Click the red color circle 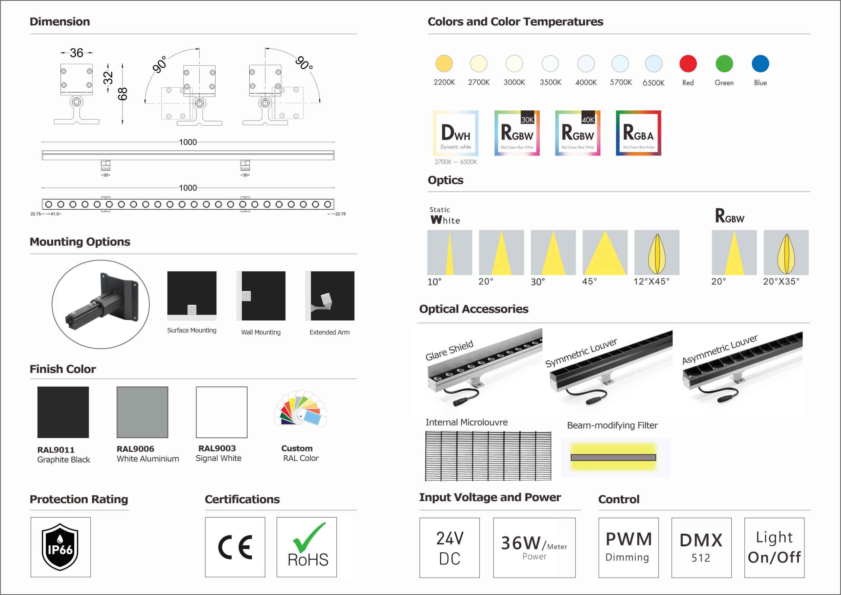coord(688,64)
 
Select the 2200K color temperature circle coord(444,64)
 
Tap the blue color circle coord(760,64)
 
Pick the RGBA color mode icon coord(638,133)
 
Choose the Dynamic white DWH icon coord(455,133)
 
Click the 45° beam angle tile coord(605,252)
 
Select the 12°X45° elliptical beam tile coord(656,252)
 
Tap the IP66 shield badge coord(60,547)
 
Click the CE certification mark coord(235,547)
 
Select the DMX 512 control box coord(701,547)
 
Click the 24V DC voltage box coord(449,547)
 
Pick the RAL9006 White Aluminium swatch coord(142,412)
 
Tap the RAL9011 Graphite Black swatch coord(63,412)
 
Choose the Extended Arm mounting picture coord(330,296)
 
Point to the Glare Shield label coord(449,350)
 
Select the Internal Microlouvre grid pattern coord(488,456)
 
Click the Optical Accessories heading coord(474,309)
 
